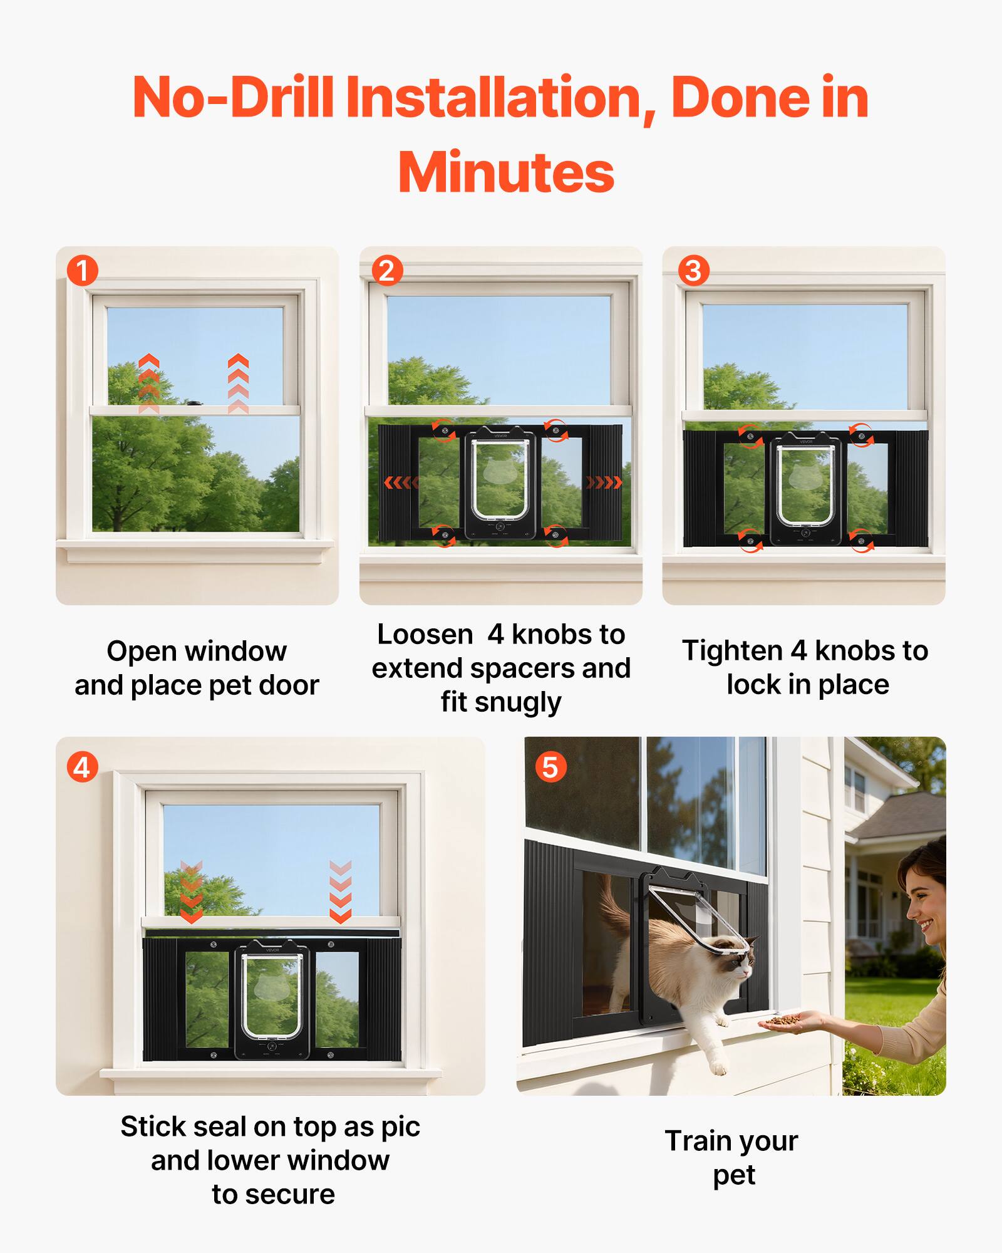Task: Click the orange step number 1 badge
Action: point(82,271)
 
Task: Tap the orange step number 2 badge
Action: point(387,271)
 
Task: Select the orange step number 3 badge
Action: point(693,271)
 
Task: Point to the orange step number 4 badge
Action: point(82,767)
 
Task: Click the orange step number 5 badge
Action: point(550,767)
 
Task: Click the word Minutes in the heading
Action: point(506,173)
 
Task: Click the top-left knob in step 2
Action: point(443,431)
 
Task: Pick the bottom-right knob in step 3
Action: point(861,540)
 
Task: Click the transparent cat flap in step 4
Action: point(272,996)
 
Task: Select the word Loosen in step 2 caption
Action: point(425,635)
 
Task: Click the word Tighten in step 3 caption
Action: point(732,650)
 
